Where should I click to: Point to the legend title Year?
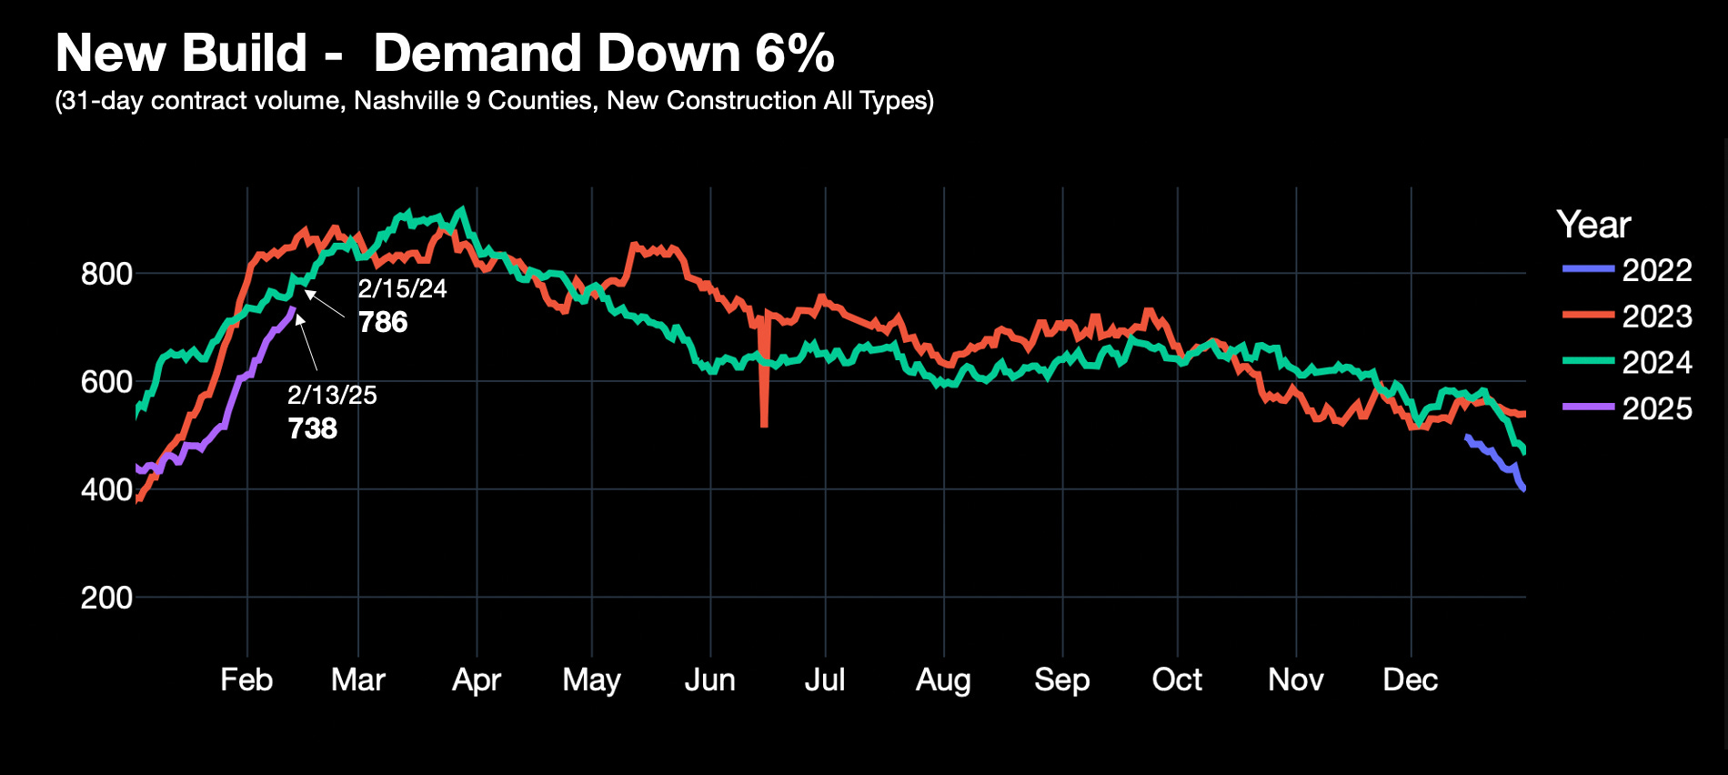coord(1593,225)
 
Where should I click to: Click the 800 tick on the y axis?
coord(106,274)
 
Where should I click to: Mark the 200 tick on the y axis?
coord(106,598)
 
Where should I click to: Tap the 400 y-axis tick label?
coord(106,490)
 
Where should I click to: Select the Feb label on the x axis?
coord(246,679)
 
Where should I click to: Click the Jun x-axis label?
coord(709,679)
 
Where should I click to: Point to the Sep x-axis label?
coord(1061,679)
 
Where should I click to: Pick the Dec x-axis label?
coord(1411,679)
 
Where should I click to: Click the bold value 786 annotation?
coord(383,322)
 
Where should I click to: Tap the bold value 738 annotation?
coord(313,428)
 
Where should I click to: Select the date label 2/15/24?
coord(402,289)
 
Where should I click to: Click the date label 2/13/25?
coord(332,395)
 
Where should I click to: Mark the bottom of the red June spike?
coord(764,424)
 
